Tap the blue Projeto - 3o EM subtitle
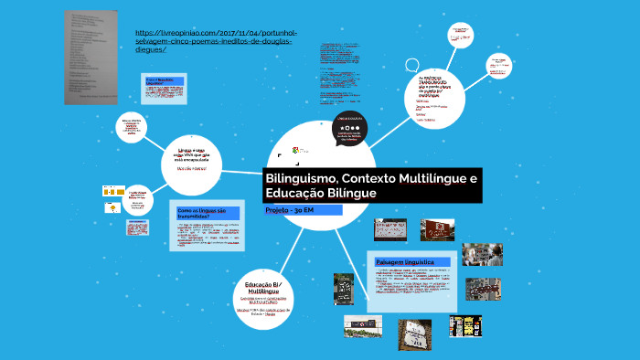(x=290, y=210)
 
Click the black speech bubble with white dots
(x=352, y=130)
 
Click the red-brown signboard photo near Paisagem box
(x=434, y=230)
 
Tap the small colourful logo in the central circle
(x=294, y=150)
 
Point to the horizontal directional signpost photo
(x=362, y=325)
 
